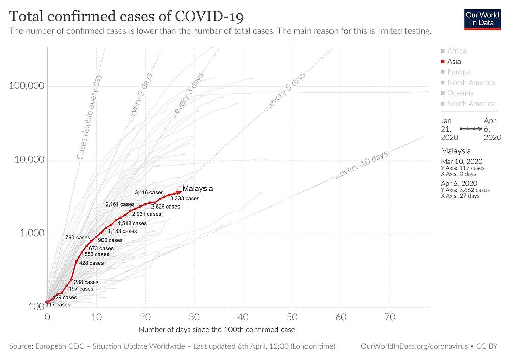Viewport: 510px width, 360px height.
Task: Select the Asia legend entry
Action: [454, 61]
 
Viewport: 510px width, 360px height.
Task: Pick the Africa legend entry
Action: [456, 50]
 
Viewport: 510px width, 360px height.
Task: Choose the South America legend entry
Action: [470, 104]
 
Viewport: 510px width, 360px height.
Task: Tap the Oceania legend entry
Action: [460, 93]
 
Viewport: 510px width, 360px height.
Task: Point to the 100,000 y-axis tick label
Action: [27, 86]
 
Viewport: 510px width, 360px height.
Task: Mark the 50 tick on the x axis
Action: [292, 317]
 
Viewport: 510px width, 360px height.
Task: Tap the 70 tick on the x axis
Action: [390, 317]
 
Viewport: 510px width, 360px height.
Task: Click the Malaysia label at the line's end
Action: [197, 189]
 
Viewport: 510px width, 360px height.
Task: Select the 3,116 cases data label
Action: [149, 192]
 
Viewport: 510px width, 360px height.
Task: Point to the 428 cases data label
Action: [91, 263]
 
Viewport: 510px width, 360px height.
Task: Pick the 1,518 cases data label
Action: [132, 223]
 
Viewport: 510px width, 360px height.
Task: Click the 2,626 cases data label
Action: [166, 207]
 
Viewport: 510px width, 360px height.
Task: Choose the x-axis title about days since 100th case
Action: [217, 330]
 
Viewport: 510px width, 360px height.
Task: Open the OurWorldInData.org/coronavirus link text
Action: [414, 346]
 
